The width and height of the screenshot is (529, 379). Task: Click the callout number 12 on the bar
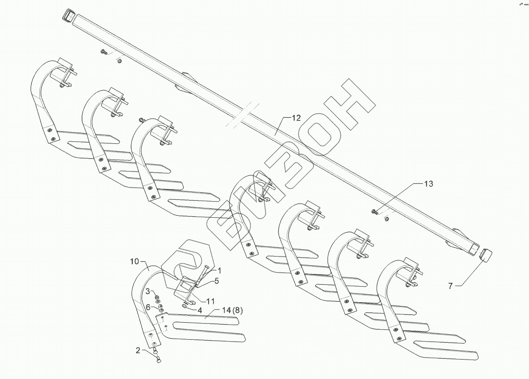tap(297, 118)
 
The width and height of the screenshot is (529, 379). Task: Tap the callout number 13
tap(428, 184)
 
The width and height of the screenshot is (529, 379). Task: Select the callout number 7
tap(450, 286)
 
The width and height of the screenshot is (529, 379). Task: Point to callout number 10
tap(135, 262)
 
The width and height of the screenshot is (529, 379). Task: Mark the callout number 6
tap(148, 307)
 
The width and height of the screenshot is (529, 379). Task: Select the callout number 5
tap(217, 280)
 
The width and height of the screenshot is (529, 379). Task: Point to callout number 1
tap(219, 270)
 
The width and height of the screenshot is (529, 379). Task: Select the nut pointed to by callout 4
tap(185, 306)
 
